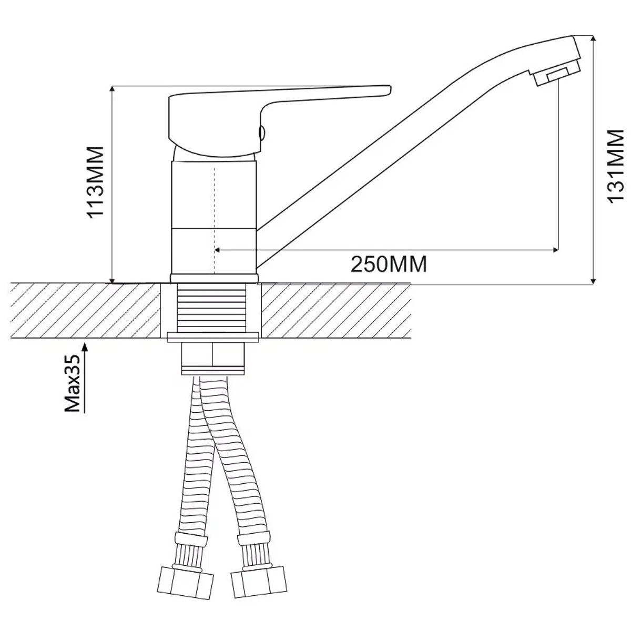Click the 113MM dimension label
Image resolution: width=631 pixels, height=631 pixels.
tap(95, 182)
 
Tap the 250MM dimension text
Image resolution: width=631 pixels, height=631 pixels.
tap(389, 264)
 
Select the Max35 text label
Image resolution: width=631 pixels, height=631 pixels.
tap(73, 383)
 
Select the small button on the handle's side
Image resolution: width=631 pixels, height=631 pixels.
tap(262, 133)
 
